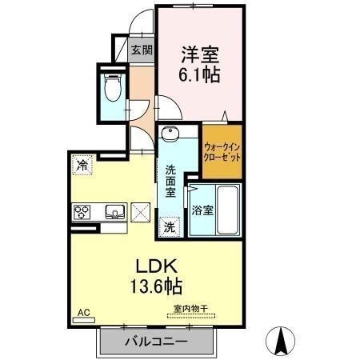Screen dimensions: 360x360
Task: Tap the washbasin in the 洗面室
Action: (x=170, y=135)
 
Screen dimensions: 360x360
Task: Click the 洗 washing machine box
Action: (x=170, y=226)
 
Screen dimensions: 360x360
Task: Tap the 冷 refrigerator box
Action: (x=82, y=166)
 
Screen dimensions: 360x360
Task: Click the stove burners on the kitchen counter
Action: (x=83, y=213)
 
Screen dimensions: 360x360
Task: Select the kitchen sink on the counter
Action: (x=113, y=213)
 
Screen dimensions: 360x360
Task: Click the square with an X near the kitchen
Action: (x=140, y=213)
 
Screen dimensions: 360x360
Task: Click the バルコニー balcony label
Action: (x=156, y=342)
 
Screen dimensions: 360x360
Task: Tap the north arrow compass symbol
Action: (x=281, y=342)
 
